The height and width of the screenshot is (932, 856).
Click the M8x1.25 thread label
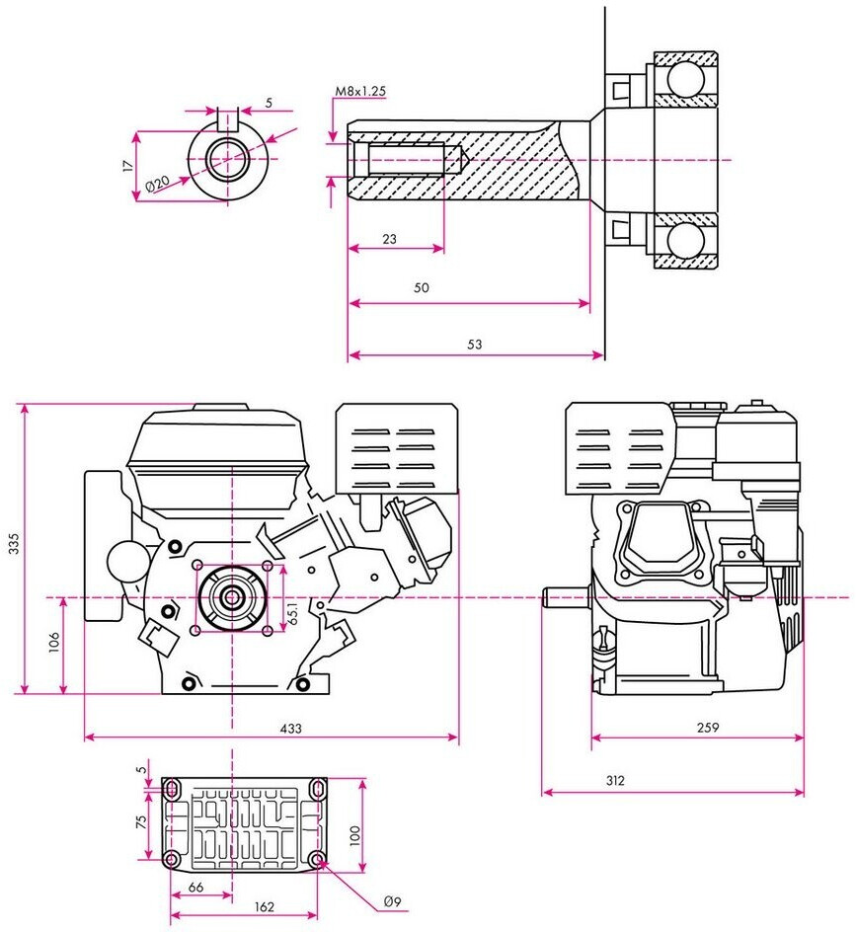[360, 91]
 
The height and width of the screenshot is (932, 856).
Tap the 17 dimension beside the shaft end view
[128, 166]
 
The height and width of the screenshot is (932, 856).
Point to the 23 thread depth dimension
[389, 239]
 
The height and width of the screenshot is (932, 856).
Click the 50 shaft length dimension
[421, 287]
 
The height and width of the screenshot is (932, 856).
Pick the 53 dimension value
[474, 345]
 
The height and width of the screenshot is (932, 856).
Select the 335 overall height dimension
[14, 544]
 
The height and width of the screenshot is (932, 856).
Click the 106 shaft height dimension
[54, 642]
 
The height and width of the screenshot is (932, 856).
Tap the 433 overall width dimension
[291, 729]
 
